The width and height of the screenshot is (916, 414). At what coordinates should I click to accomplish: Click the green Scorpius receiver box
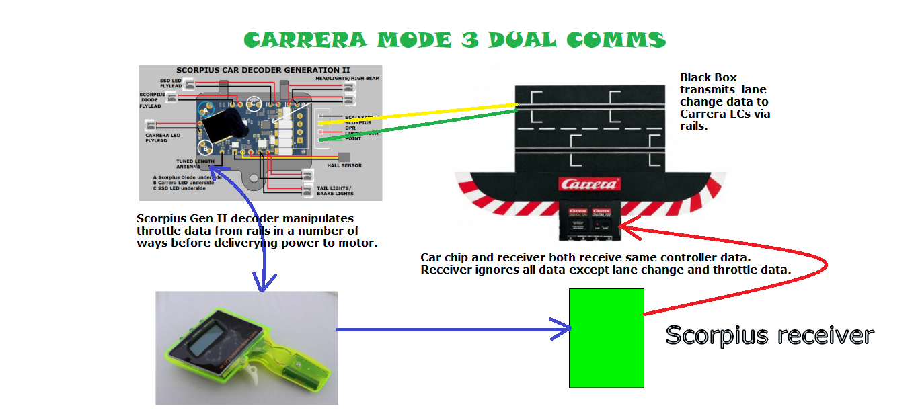(606, 338)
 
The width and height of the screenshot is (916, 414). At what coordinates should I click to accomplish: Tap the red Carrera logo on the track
(590, 183)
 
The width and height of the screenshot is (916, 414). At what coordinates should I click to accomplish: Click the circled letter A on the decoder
(206, 110)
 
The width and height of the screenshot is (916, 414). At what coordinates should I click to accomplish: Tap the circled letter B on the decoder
(206, 149)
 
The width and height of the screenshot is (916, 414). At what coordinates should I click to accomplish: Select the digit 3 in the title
(474, 40)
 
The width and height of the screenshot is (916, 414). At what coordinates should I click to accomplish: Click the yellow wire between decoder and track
(417, 112)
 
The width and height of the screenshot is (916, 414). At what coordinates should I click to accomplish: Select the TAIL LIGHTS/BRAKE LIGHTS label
(334, 190)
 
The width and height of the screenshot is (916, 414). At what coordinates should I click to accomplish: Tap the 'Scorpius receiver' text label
(769, 335)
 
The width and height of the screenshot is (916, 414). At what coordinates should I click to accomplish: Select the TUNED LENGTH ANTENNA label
(196, 164)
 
